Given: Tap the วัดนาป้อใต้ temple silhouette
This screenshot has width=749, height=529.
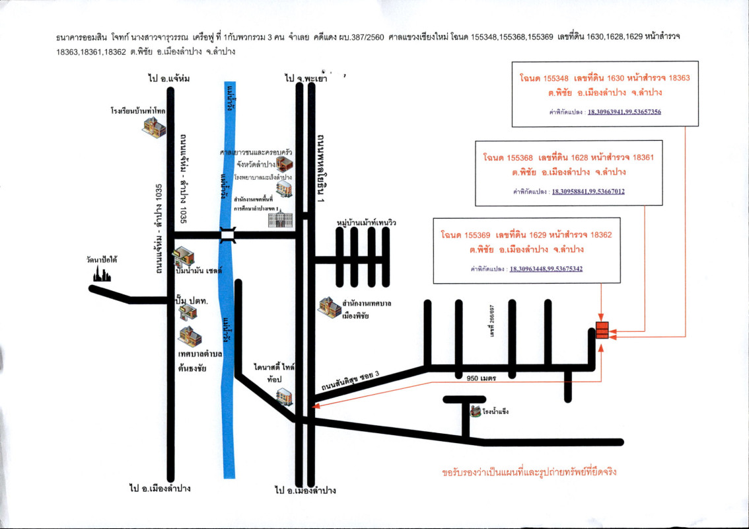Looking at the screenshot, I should pyautogui.click(x=102, y=274).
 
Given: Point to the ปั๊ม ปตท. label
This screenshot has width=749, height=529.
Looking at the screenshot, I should pyautogui.click(x=191, y=302).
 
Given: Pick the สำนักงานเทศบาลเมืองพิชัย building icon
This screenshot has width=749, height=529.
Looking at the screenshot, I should pyautogui.click(x=329, y=307).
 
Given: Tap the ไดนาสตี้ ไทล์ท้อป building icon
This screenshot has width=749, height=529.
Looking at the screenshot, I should pyautogui.click(x=285, y=396).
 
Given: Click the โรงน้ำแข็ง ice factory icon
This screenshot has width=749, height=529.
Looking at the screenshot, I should pyautogui.click(x=475, y=411).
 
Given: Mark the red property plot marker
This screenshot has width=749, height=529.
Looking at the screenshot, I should pyautogui.click(x=602, y=329).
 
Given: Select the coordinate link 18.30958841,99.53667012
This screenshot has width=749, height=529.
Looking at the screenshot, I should pyautogui.click(x=588, y=192).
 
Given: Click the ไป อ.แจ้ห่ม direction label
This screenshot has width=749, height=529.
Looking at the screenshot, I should pyautogui.click(x=169, y=79).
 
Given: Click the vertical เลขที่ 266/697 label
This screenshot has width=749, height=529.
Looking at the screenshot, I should pyautogui.click(x=492, y=322).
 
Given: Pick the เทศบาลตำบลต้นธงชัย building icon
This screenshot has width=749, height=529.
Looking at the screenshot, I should pyautogui.click(x=187, y=336).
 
